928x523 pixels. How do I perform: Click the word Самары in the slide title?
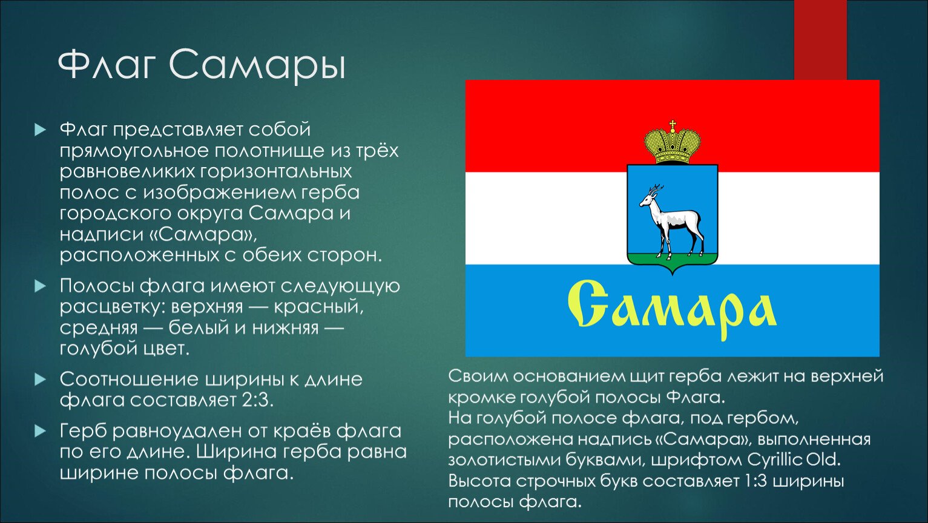(x=257, y=65)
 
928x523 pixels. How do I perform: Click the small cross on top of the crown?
(x=673, y=124)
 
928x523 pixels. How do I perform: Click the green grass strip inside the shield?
(x=673, y=258)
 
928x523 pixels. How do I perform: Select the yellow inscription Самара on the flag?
(x=671, y=309)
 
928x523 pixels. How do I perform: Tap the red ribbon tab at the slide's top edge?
(x=820, y=40)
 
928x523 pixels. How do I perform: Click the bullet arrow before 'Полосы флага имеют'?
(x=40, y=286)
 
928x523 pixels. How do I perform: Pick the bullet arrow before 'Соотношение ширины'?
(x=40, y=379)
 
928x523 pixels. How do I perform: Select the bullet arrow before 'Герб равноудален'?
(x=40, y=432)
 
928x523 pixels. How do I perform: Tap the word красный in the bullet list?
(x=318, y=307)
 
